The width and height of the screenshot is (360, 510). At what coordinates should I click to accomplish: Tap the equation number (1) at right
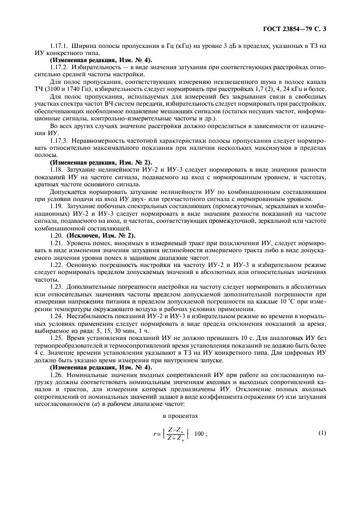click(x=322, y=433)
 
